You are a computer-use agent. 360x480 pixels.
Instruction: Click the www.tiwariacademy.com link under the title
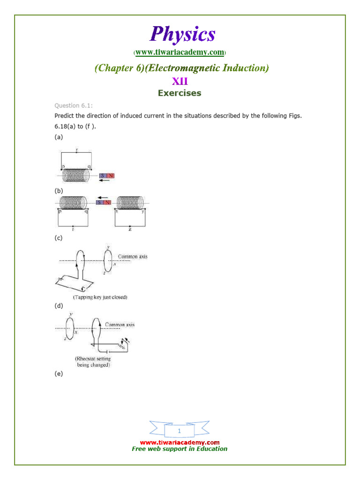click(x=180, y=52)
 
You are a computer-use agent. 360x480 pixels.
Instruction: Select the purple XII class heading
click(x=180, y=81)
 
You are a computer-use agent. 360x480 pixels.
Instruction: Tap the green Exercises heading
click(x=180, y=93)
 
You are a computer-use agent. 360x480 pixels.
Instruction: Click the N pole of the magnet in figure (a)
click(x=111, y=176)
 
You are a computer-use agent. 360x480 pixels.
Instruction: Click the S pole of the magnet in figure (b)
click(x=99, y=202)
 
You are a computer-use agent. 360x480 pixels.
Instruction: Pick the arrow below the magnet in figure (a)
click(x=107, y=181)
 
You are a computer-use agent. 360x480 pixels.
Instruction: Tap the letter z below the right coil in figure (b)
click(x=129, y=230)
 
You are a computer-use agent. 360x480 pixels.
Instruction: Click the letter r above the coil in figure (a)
click(x=76, y=151)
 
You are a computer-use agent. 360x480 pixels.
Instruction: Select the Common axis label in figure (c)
click(x=133, y=256)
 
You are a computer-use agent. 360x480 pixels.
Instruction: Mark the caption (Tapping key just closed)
click(x=100, y=297)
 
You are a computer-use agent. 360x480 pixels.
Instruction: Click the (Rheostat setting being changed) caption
click(x=93, y=361)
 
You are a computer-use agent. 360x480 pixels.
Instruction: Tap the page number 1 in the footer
click(x=179, y=431)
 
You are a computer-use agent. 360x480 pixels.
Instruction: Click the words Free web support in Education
click(x=180, y=449)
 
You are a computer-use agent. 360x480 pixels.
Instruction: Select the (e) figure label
click(x=59, y=374)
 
